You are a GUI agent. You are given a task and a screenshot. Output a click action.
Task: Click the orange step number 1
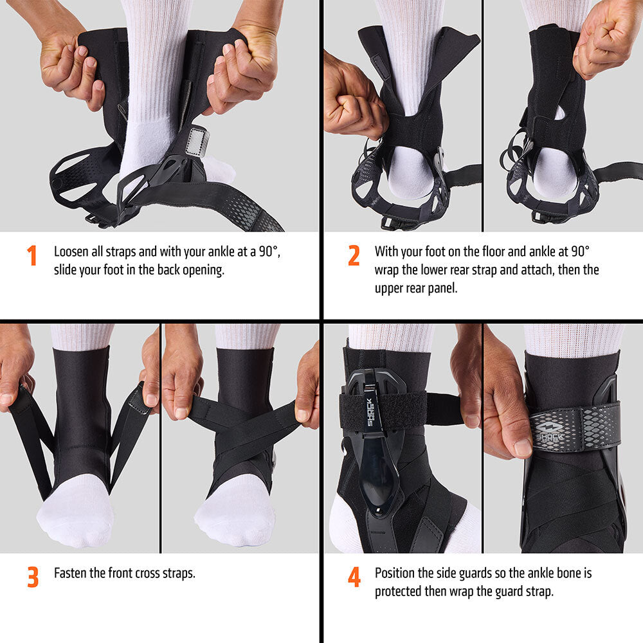(32, 255)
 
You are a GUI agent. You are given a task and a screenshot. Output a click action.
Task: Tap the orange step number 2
(354, 255)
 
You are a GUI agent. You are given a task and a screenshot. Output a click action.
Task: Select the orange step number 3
(32, 577)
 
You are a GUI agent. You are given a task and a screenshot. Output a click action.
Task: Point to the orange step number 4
(354, 577)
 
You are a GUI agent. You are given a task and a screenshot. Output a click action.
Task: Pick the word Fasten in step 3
(72, 573)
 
